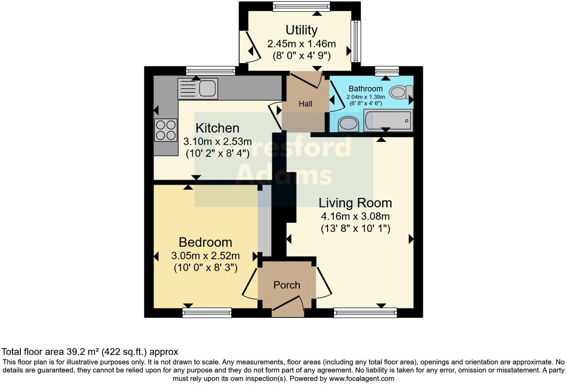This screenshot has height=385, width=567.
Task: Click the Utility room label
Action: click(x=301, y=30)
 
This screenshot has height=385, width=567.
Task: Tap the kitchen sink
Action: click(x=198, y=88)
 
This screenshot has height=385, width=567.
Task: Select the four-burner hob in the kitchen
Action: click(x=166, y=130)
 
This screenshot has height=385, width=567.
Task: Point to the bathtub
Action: click(x=388, y=120)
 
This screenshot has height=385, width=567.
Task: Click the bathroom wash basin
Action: click(x=348, y=124)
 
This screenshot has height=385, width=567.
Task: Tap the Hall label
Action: click(x=305, y=104)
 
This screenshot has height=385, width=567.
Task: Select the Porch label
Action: click(x=286, y=285)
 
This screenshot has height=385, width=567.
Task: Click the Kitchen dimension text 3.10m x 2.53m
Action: click(x=217, y=142)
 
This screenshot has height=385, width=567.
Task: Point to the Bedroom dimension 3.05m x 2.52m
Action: click(x=205, y=256)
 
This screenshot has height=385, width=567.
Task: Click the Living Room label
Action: click(x=355, y=203)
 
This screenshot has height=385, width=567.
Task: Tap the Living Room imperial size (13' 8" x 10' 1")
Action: click(x=355, y=229)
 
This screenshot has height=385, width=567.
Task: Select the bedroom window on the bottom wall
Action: click(x=207, y=313)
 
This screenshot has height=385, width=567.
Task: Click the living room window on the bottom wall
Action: click(x=365, y=313)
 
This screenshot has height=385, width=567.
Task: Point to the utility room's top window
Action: click(x=301, y=6)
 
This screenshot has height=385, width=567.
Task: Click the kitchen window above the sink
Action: click(x=210, y=71)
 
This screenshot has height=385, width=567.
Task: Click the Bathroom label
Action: click(x=365, y=89)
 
